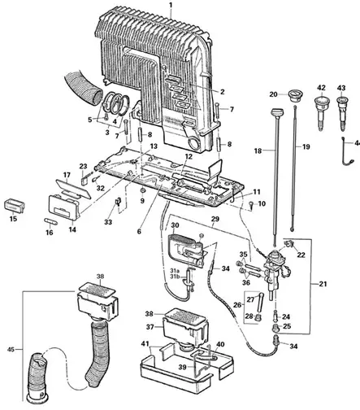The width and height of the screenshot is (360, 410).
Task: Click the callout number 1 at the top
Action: [x=171, y=6]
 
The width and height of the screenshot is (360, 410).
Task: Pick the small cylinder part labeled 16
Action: [x=47, y=218]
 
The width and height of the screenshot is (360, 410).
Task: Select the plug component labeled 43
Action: [x=341, y=107]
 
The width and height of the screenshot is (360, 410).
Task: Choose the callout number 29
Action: [x=216, y=220]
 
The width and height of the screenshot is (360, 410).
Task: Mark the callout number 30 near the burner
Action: [x=173, y=225]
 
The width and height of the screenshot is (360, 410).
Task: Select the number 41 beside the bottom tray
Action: [x=145, y=345]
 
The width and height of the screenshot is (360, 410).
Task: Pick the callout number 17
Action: [x=67, y=175]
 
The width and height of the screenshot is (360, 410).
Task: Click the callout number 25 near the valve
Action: [x=287, y=326]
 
